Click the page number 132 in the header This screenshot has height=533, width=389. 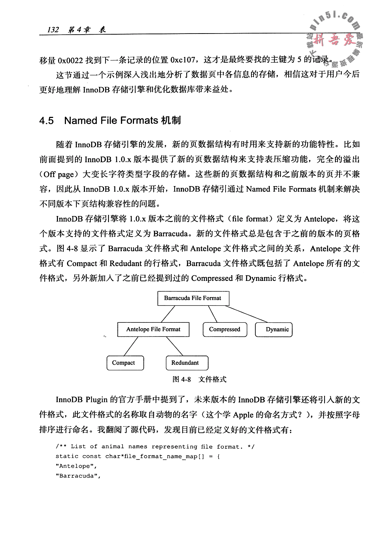coord(53,30)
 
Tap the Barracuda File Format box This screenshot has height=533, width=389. coord(193,298)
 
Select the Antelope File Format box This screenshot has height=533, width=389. coord(153,329)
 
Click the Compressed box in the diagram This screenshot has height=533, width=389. coord(224,329)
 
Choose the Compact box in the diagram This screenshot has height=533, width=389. coord(124,363)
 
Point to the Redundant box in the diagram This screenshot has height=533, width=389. coord(185,363)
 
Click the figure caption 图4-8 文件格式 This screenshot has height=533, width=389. coord(200,379)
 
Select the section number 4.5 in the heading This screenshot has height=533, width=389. coord(46,120)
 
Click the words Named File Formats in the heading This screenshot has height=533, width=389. coord(110,120)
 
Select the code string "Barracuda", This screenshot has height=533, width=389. coord(77,476)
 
